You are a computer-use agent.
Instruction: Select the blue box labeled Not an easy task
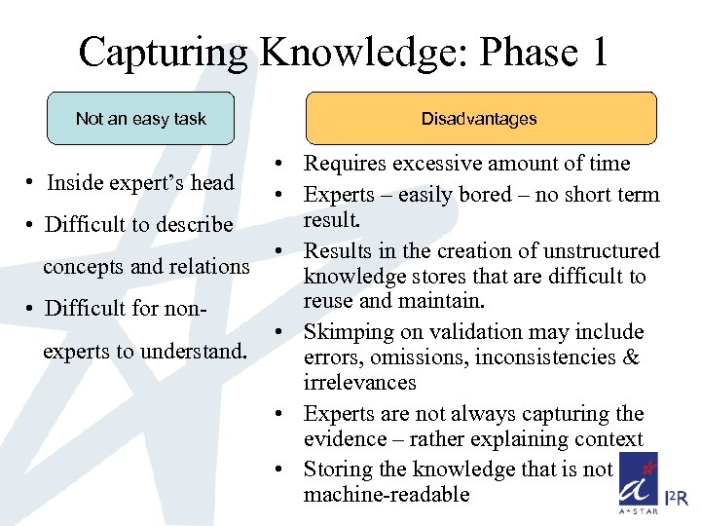pyautogui.click(x=141, y=119)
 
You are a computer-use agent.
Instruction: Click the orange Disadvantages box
pyautogui.click(x=479, y=119)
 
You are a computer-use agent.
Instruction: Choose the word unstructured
pyautogui.click(x=597, y=250)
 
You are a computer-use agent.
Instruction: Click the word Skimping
pyautogui.click(x=349, y=332)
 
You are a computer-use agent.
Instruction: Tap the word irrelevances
pyautogui.click(x=359, y=383)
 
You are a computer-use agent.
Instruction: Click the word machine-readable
pyautogui.click(x=387, y=494)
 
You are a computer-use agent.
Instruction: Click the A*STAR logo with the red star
pyautogui.click(x=639, y=482)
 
